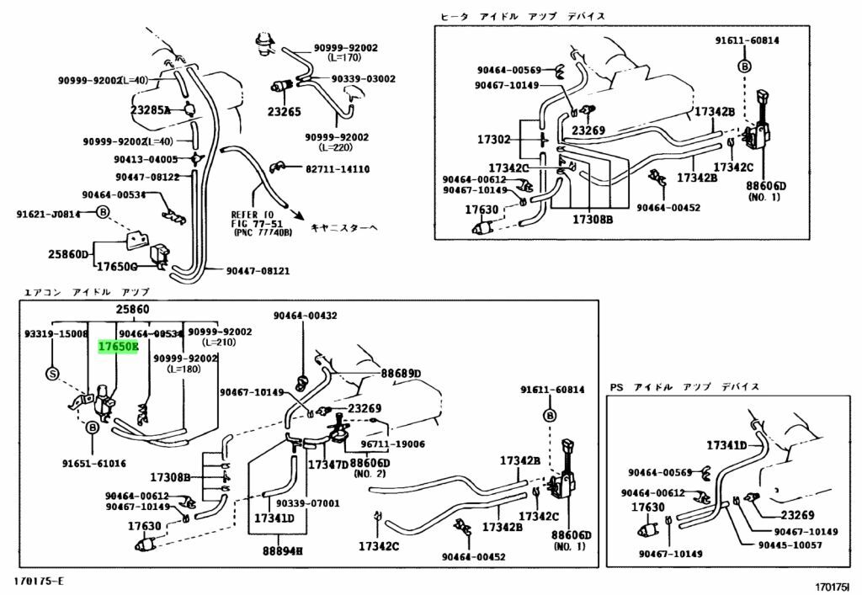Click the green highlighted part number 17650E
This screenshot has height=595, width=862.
[118, 347]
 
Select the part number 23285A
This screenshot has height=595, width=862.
[150, 110]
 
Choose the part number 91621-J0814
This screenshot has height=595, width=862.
[49, 214]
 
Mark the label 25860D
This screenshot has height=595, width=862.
[67, 253]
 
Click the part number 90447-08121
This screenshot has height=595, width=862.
[258, 271]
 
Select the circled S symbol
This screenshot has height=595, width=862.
[51, 374]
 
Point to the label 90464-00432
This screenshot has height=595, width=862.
[305, 316]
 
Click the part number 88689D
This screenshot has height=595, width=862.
[400, 373]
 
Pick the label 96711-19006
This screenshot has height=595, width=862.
[394, 444]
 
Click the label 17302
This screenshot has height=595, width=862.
[494, 140]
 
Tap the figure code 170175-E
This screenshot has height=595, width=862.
[38, 582]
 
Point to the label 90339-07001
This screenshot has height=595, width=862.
[308, 503]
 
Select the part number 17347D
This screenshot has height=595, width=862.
[327, 464]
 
